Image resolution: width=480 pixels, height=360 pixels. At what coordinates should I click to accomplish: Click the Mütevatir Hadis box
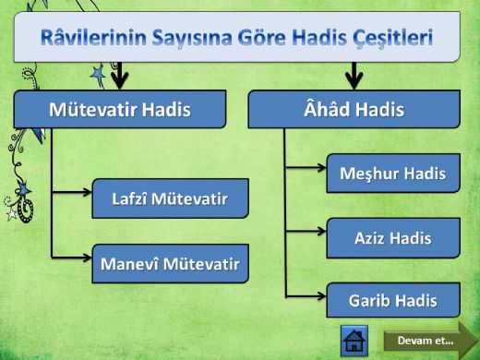[x=120, y=110]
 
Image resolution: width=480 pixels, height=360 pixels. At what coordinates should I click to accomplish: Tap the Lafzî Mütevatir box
[x=170, y=198]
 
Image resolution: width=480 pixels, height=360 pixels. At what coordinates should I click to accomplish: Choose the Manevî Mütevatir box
[x=170, y=265]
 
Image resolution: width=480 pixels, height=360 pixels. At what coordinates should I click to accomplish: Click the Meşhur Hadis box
[x=393, y=173]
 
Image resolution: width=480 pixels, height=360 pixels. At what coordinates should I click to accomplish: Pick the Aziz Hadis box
[x=393, y=238]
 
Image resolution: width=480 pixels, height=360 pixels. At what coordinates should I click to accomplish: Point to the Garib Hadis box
[x=393, y=301]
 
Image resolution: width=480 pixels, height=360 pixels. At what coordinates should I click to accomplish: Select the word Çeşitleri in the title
[x=390, y=39]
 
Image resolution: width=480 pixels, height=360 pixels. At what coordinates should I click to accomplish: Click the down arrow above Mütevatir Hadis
[x=120, y=75]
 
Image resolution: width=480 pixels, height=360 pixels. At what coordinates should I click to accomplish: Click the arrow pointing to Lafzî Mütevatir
[x=74, y=193]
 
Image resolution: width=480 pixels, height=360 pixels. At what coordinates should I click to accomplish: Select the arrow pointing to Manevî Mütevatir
[x=74, y=254]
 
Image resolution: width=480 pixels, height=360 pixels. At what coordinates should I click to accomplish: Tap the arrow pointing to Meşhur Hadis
[x=306, y=170]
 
